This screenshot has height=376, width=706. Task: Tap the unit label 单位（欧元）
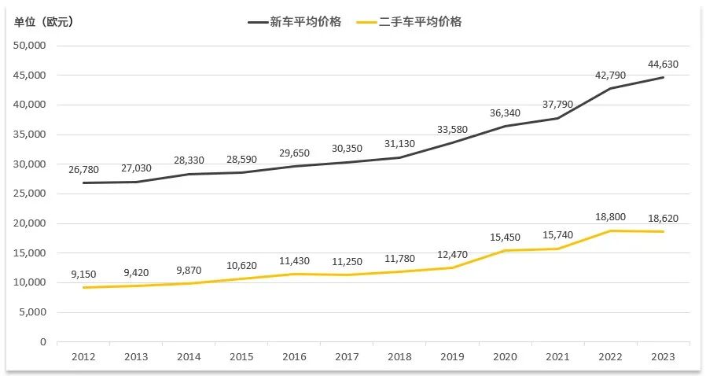click(x=44, y=22)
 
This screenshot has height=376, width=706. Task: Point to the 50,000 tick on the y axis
click(x=31, y=46)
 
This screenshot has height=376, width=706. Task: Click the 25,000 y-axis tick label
click(x=31, y=194)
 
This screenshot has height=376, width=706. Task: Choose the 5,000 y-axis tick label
click(x=33, y=312)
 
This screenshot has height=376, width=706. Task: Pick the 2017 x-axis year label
click(x=347, y=357)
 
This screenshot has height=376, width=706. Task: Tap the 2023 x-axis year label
click(x=663, y=357)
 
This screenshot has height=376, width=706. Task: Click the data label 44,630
click(x=663, y=65)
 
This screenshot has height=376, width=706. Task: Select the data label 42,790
click(x=610, y=76)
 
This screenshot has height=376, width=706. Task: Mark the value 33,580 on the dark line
click(x=452, y=130)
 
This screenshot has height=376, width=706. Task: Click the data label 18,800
click(x=610, y=218)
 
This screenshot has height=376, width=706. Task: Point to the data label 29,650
click(x=294, y=153)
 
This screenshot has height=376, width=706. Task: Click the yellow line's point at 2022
click(x=610, y=230)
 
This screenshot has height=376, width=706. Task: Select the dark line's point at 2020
click(x=505, y=126)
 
